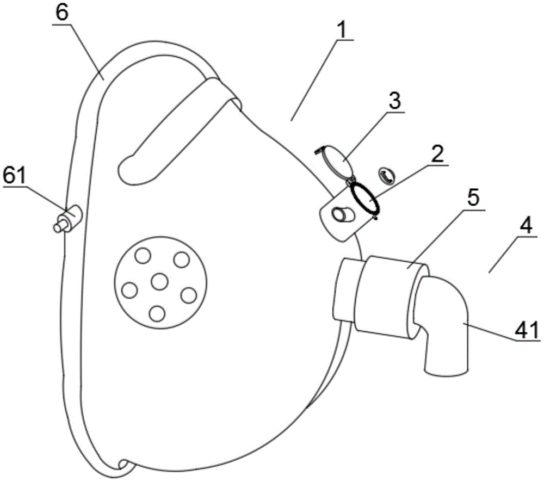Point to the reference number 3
pyautogui.click(x=394, y=101)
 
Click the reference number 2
pyautogui.click(x=437, y=155)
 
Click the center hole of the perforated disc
pyautogui.click(x=159, y=281)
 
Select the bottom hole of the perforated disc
pyautogui.click(x=157, y=314)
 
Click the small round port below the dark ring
pyautogui.click(x=342, y=213)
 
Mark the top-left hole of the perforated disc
pyautogui.click(x=143, y=256)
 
